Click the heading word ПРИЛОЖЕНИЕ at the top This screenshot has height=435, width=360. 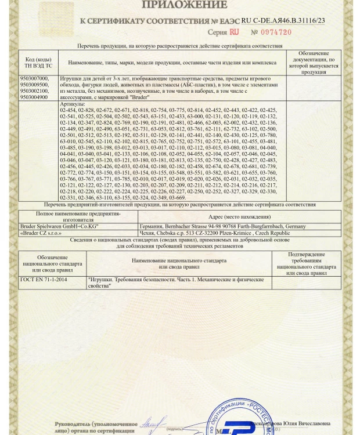[181, 5]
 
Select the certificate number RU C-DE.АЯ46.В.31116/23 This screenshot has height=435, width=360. [283, 20]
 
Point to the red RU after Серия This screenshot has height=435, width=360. [234, 32]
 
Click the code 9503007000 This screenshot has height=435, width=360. [35, 78]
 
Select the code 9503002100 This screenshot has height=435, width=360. [35, 91]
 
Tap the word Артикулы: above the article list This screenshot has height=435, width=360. [72, 103]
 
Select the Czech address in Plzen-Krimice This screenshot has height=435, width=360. [215, 234]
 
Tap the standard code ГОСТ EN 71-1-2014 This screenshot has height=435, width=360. [43, 280]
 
